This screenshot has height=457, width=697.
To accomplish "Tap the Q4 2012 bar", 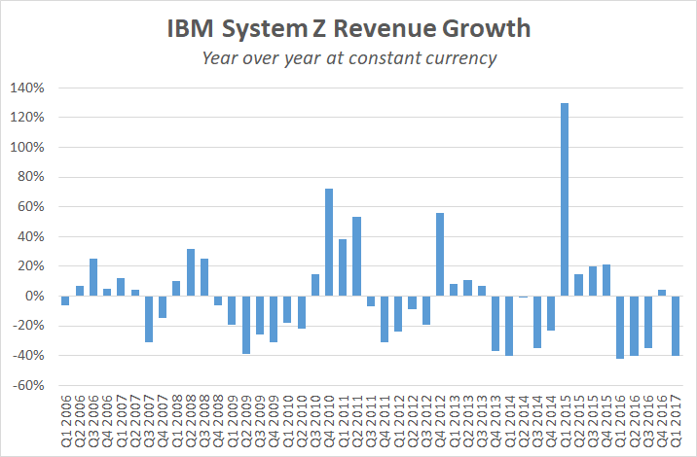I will click(440, 254).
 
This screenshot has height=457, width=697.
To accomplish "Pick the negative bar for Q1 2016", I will click(620, 327).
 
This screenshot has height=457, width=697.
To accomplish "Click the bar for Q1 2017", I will click(675, 326).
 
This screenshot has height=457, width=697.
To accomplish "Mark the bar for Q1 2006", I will click(65, 300).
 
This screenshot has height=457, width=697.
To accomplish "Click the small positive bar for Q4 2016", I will click(661, 293).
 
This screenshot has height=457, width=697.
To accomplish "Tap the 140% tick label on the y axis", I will click(27, 88).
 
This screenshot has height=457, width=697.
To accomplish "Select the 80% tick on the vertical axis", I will click(30, 178).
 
